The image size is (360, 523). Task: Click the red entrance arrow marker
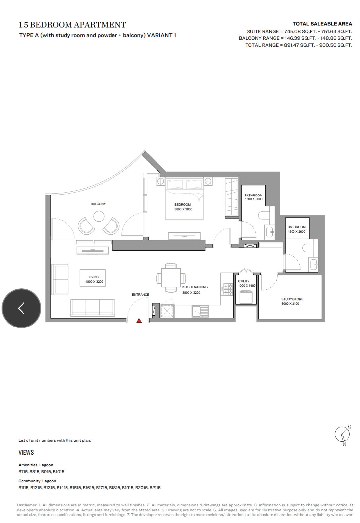tap(139, 320)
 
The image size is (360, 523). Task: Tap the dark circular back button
tap(22, 308)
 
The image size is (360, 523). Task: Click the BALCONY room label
tap(98, 204)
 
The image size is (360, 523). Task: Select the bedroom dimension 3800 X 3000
tap(183, 209)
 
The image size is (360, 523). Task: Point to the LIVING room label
tap(94, 277)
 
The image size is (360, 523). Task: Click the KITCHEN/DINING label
tap(195, 287)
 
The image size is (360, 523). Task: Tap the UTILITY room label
tap(244, 281)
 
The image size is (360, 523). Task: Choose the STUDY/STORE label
tap(292, 299)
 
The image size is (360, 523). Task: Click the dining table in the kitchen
tap(171, 278)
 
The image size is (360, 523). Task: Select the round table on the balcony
tap(99, 216)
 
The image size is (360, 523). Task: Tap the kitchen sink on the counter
tap(200, 311)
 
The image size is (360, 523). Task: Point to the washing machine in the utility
tap(246, 297)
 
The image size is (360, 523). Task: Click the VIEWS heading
tap(26, 452)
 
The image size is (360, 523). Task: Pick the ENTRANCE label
tap(140, 295)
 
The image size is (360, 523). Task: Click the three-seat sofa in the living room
tap(93, 308)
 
